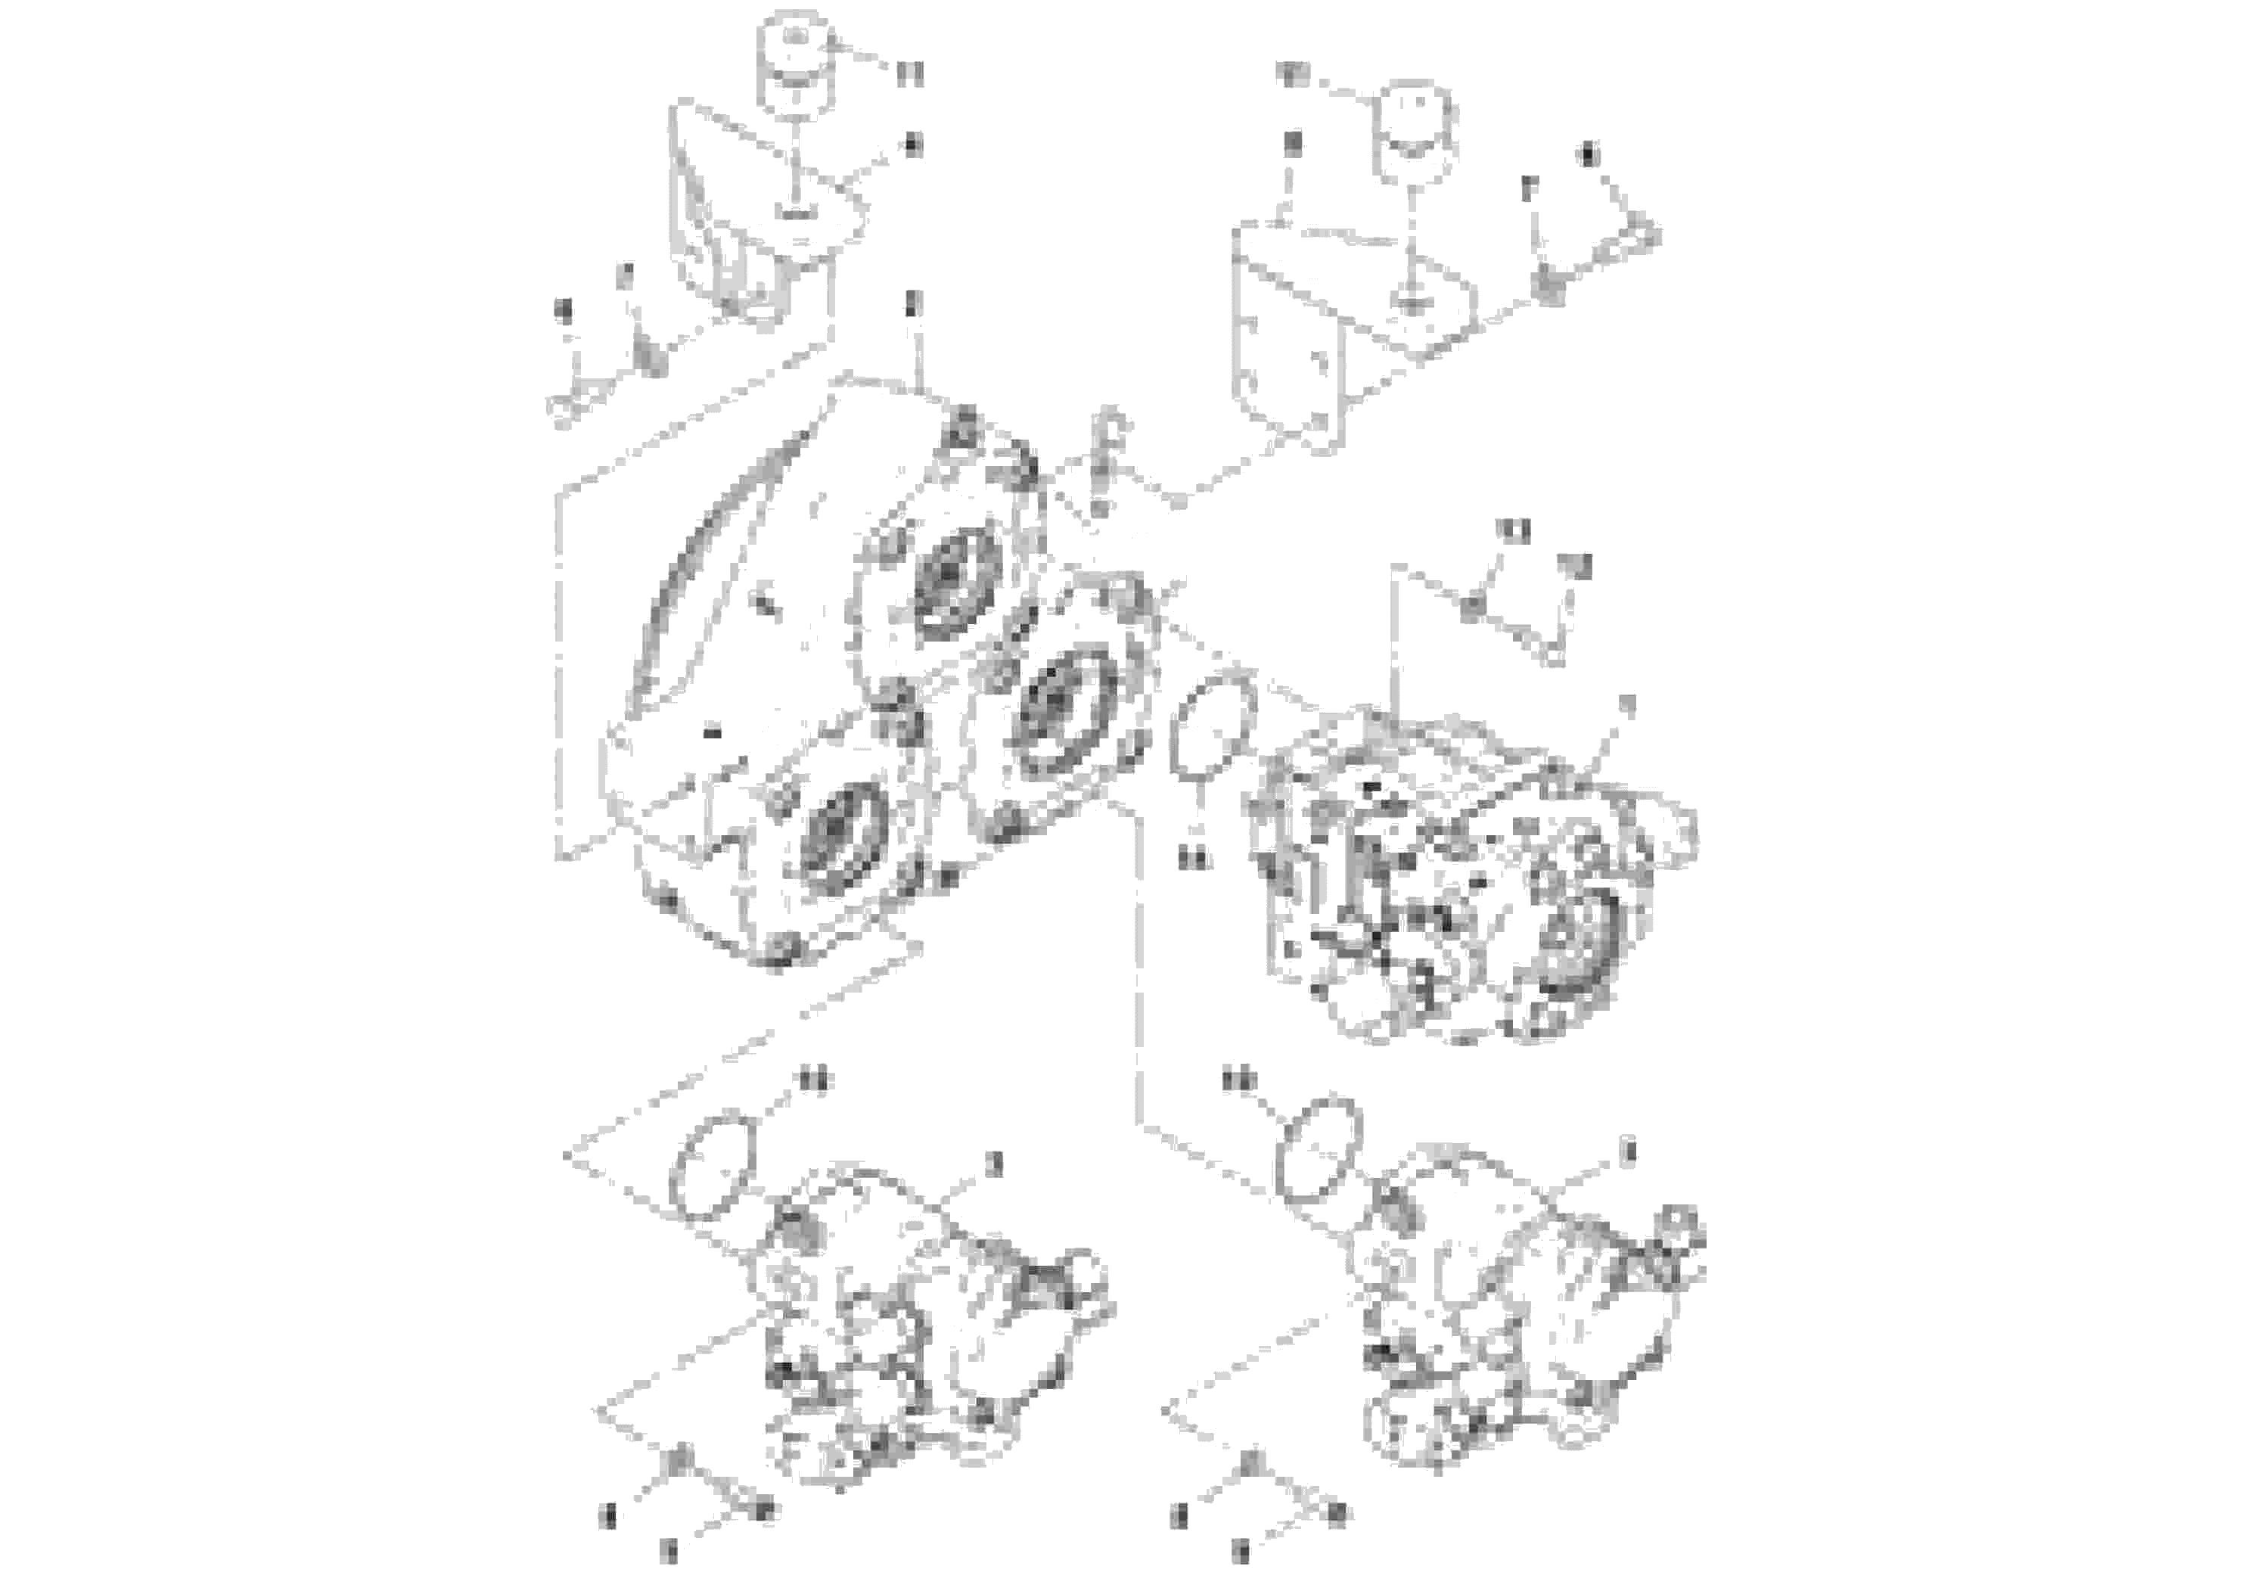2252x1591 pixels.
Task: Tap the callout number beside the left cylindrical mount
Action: click(x=909, y=73)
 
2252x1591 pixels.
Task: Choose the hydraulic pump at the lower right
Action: click(x=1520, y=1314)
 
